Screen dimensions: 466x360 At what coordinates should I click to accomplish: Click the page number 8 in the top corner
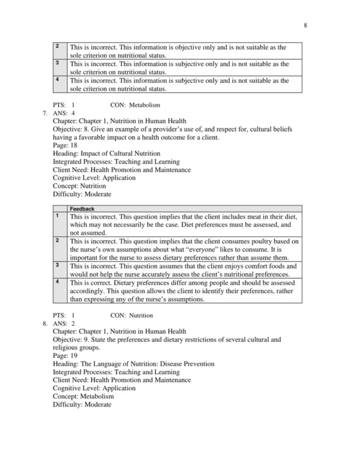click(305, 26)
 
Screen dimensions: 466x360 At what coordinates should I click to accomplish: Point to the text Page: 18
click(66, 145)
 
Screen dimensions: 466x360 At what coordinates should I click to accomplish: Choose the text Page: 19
click(66, 356)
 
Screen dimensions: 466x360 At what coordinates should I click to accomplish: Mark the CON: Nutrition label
click(132, 315)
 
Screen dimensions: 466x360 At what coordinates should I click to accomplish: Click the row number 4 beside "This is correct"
click(56, 281)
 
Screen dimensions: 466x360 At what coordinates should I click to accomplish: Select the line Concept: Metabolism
click(83, 396)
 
